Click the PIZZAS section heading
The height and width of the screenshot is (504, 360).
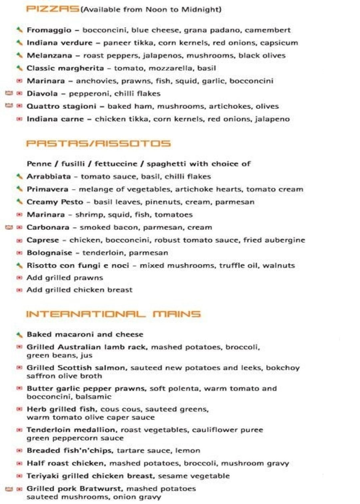pyautogui.click(x=53, y=9)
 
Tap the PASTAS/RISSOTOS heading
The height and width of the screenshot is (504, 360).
pyautogui.click(x=98, y=143)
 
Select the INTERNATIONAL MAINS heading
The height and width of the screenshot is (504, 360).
pyautogui.click(x=113, y=314)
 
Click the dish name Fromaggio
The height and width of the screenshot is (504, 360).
pyautogui.click(x=49, y=30)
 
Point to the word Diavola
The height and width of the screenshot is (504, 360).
pyautogui.click(x=42, y=94)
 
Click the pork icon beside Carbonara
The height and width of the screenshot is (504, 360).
pyautogui.click(x=9, y=227)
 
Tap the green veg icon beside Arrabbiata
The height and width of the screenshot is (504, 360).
pyautogui.click(x=20, y=176)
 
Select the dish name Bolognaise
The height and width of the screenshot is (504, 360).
pyautogui.click(x=49, y=253)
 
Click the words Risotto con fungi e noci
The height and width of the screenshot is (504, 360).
pyautogui.click(x=78, y=266)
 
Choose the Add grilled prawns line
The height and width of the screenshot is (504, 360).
pyautogui.click(x=65, y=278)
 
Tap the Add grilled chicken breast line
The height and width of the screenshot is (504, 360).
pyautogui.click(x=79, y=290)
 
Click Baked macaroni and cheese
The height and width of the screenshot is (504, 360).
pyautogui.click(x=85, y=334)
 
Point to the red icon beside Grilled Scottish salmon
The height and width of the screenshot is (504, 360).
pyautogui.click(x=20, y=368)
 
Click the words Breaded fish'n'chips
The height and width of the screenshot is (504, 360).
pyautogui.click(x=69, y=451)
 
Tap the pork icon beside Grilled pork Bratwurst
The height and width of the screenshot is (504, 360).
pyautogui.click(x=9, y=489)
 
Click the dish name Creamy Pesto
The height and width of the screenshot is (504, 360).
pyautogui.click(x=55, y=202)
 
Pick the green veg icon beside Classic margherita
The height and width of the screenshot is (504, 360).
pyautogui.click(x=20, y=68)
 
